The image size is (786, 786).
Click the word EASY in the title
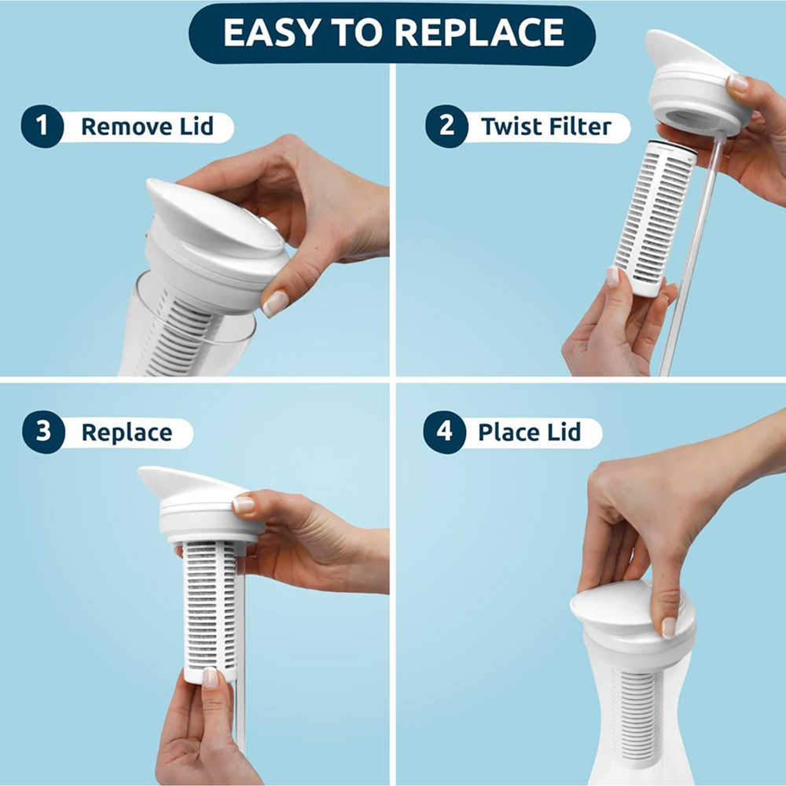coord(264,32)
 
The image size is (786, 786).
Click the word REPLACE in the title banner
coord(479,32)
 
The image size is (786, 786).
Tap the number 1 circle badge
coord(42,127)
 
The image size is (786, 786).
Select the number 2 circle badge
coord(446,127)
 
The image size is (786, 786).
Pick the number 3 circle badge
coord(42,432)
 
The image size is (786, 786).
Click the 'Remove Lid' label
coord(147,127)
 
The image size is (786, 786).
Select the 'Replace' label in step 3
coord(127,432)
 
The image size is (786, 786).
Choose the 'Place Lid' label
coord(529,432)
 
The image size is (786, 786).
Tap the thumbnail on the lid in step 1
coord(274,303)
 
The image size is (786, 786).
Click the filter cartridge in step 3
coord(210,605)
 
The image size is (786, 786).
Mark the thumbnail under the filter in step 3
coord(210,677)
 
